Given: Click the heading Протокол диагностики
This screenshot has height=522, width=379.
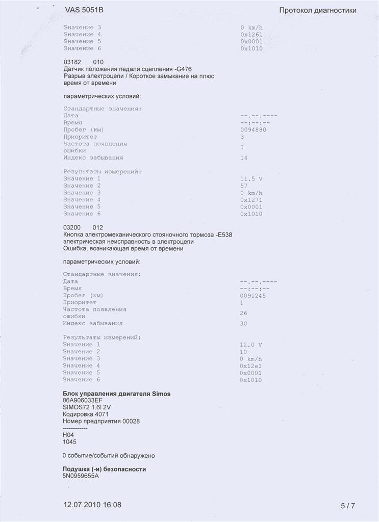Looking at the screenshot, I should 317,10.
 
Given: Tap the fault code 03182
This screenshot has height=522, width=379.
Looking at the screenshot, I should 72,62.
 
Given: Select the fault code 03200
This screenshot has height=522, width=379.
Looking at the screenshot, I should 72,227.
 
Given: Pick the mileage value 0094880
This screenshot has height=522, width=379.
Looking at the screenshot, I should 253,130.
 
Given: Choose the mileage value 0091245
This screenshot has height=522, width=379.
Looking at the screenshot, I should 253,296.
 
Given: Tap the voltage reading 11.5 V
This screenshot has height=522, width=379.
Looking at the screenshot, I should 251,179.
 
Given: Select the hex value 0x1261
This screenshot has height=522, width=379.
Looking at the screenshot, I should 251,34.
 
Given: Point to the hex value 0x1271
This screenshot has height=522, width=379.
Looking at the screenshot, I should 251,200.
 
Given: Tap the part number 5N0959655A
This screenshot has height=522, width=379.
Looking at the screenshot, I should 81,476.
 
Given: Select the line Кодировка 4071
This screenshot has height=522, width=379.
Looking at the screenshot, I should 82,414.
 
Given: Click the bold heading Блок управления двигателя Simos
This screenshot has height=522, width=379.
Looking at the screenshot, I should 116,394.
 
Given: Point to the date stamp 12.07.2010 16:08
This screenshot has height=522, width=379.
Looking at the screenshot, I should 92,505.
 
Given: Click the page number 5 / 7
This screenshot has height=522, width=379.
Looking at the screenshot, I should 347,506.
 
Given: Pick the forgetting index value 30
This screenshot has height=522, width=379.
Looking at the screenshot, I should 243,324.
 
